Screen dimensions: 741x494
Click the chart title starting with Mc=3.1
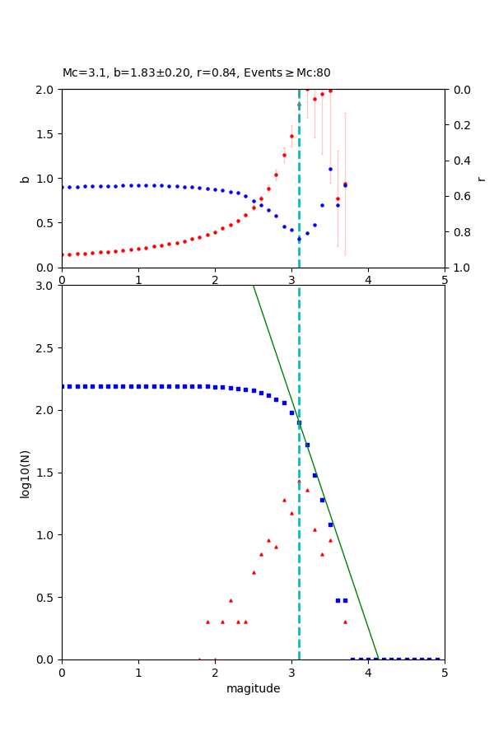pos(196,73)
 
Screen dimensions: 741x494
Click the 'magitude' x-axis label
pos(253,689)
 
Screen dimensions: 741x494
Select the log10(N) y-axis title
pos(25,473)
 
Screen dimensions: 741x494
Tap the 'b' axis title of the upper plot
pos(25,179)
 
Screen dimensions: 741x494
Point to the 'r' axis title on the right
pos(481,179)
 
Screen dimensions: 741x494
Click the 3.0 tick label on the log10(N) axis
pos(45,286)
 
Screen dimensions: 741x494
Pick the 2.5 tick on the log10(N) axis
pos(45,348)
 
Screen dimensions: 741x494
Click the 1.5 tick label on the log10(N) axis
pos(45,473)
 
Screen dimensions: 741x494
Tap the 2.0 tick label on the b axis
pos(45,90)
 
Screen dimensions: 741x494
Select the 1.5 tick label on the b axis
pos(45,134)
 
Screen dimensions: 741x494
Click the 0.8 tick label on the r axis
pos(461,232)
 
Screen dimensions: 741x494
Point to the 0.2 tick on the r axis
pos(461,125)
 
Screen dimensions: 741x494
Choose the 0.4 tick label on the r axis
pos(461,161)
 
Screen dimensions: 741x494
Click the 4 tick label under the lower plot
pos(368,673)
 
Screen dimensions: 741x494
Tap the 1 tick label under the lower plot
pos(138,673)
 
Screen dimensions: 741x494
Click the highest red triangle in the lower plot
pos(299,482)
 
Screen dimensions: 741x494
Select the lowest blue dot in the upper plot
pos(299,239)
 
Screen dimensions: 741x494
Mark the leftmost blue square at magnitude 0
pos(62,386)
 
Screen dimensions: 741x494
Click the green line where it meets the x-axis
pos(378,659)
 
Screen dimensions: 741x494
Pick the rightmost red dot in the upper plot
pos(345,184)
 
